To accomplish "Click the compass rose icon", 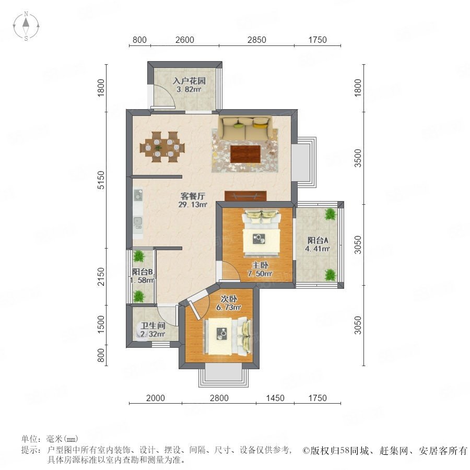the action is (x=26, y=26).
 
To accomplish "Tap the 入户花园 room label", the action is (x=189, y=85).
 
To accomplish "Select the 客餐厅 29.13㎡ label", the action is (x=193, y=200).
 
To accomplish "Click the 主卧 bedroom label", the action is (x=260, y=269).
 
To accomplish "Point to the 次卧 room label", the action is (x=229, y=303).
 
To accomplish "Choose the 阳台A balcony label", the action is (x=318, y=244).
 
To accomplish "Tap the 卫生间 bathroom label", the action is (x=153, y=330).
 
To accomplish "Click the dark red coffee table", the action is (x=245, y=154).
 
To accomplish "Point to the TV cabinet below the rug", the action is (x=245, y=196).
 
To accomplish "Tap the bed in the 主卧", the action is (x=262, y=233).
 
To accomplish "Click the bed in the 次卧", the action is (x=228, y=336).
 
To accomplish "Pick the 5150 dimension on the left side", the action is (x=102, y=180).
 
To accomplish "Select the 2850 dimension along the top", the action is (x=256, y=40).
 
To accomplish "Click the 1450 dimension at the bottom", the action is (x=275, y=398).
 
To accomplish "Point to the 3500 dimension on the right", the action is (x=358, y=158).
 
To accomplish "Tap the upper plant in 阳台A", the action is (x=331, y=214).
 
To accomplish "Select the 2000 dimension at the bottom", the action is (x=155, y=398).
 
